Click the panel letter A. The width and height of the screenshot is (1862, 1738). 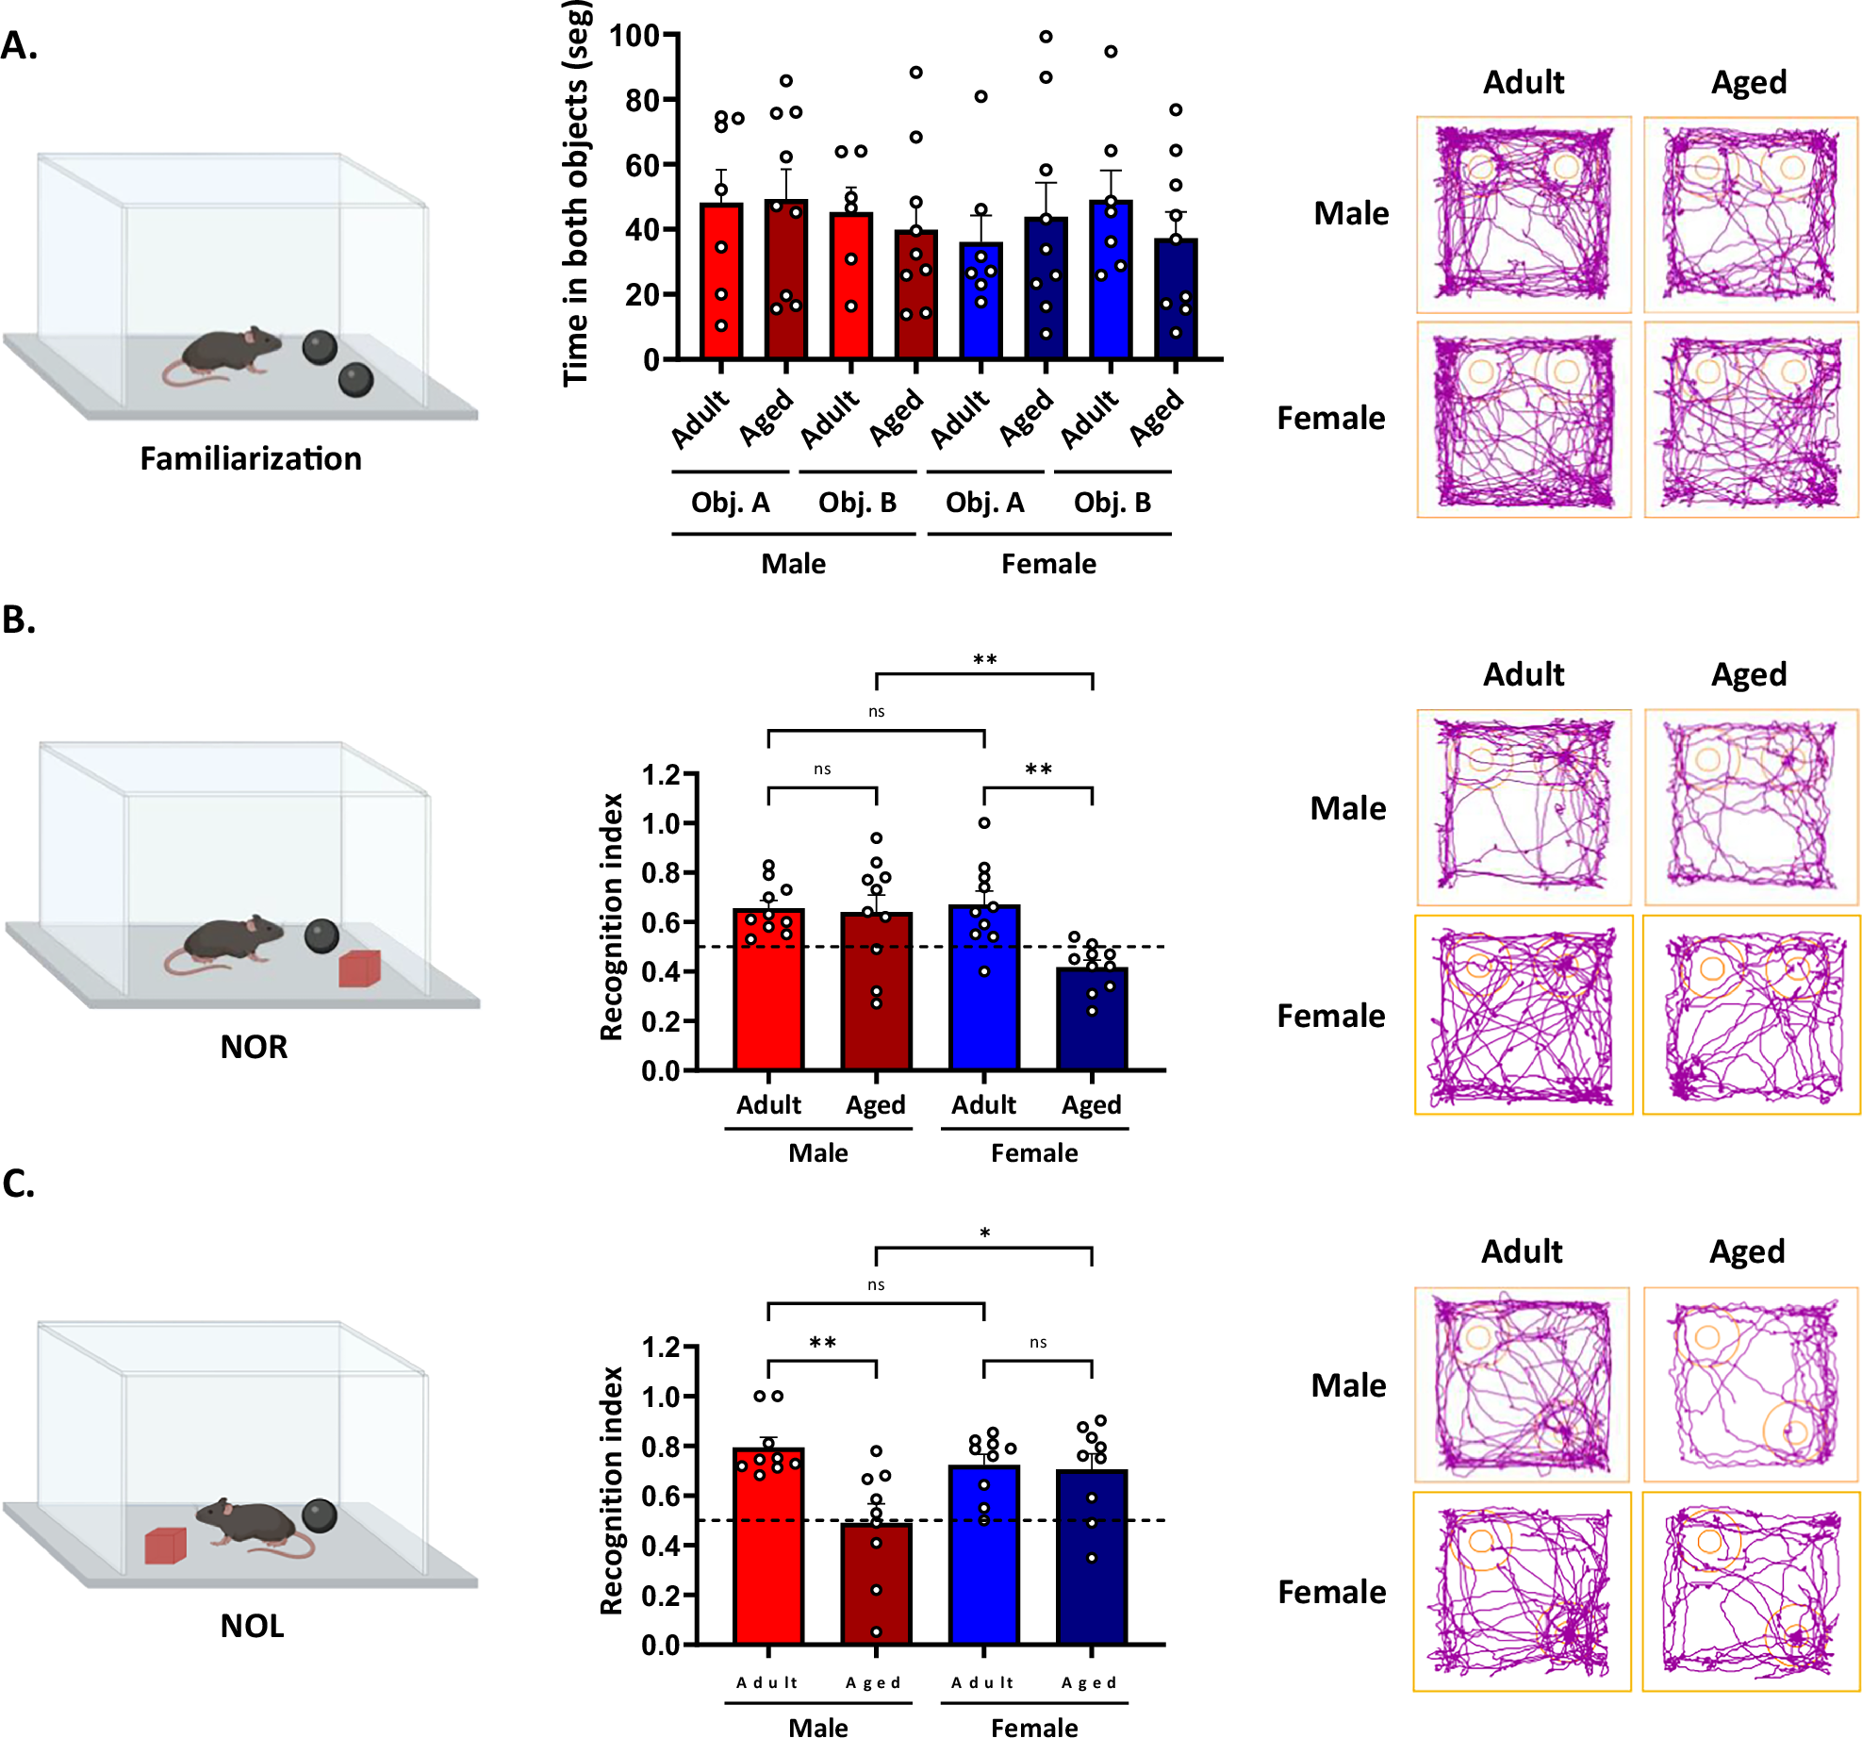(19, 45)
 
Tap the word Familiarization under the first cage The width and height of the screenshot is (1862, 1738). (251, 459)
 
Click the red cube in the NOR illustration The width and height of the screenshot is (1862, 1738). (359, 968)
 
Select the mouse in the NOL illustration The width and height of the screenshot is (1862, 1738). (255, 1524)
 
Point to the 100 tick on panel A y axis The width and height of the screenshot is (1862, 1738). (634, 36)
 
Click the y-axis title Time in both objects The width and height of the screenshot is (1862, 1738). (576, 193)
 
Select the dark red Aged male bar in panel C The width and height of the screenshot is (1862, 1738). (876, 1584)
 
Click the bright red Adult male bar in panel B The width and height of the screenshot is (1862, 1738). (768, 990)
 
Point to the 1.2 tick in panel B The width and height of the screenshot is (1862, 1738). (661, 775)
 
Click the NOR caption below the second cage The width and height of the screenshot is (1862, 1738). (254, 1047)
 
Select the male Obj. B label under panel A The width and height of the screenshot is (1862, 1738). (857, 503)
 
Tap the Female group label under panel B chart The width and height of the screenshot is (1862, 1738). (1033, 1153)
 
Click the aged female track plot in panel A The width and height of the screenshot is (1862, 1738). (1751, 421)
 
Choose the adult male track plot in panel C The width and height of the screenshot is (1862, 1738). (1522, 1384)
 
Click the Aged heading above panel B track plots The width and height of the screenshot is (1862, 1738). (1749, 674)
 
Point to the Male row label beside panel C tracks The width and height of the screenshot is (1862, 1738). (1348, 1385)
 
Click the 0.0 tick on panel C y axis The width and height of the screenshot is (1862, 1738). (661, 1646)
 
